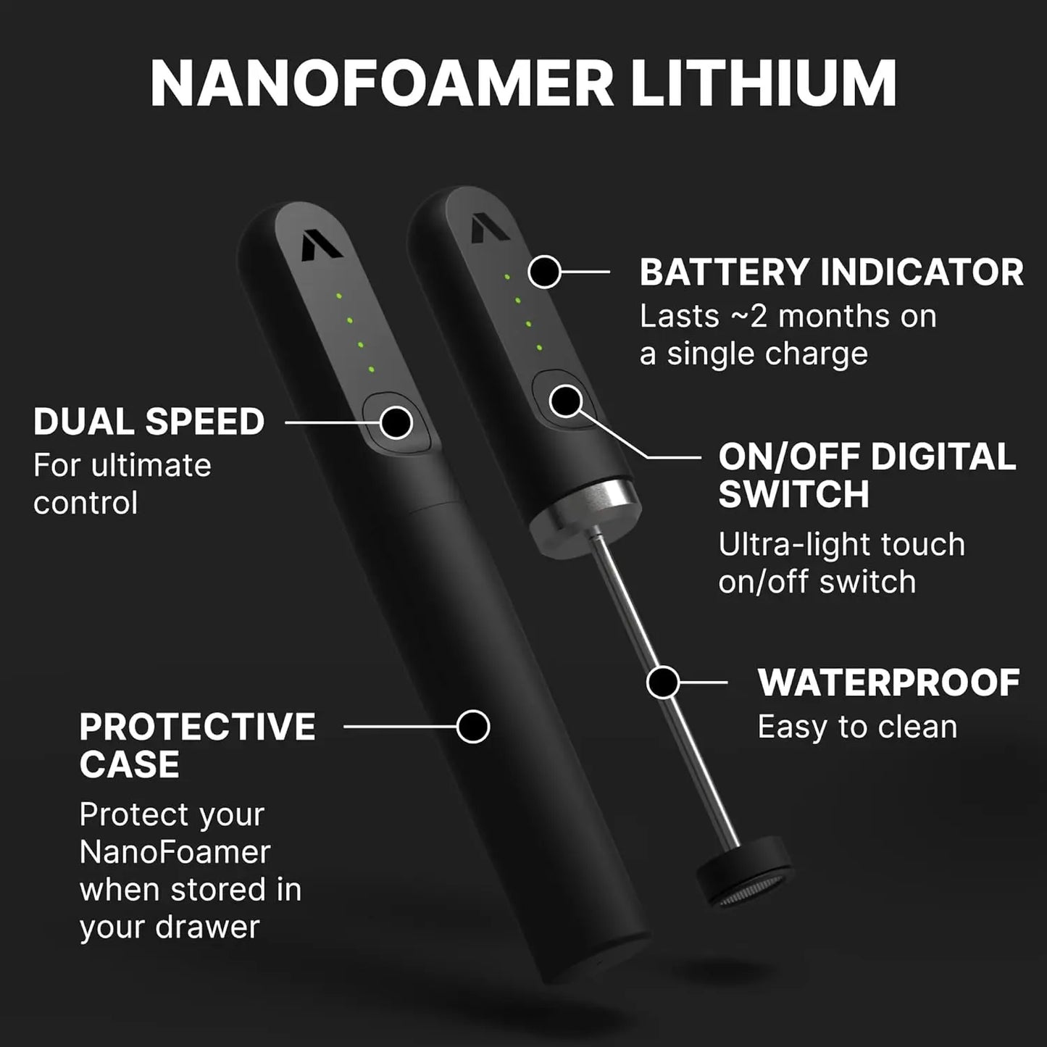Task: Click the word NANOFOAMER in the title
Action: tap(383, 85)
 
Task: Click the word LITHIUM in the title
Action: tap(764, 85)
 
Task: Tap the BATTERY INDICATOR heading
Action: tap(831, 272)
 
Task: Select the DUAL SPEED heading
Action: tap(149, 422)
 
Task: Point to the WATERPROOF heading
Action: tap(888, 683)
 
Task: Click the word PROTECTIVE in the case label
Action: tap(198, 727)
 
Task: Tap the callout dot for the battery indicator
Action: tap(545, 272)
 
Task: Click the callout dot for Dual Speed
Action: tap(396, 422)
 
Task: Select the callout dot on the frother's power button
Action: tap(566, 401)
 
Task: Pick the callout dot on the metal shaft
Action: tap(662, 683)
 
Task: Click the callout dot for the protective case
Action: tap(473, 727)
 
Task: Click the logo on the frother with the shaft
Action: tap(488, 230)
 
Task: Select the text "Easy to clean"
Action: tap(857, 727)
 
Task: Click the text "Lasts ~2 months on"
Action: tap(788, 317)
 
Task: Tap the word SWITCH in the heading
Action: tap(793, 494)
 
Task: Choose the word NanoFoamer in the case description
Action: tap(175, 852)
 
